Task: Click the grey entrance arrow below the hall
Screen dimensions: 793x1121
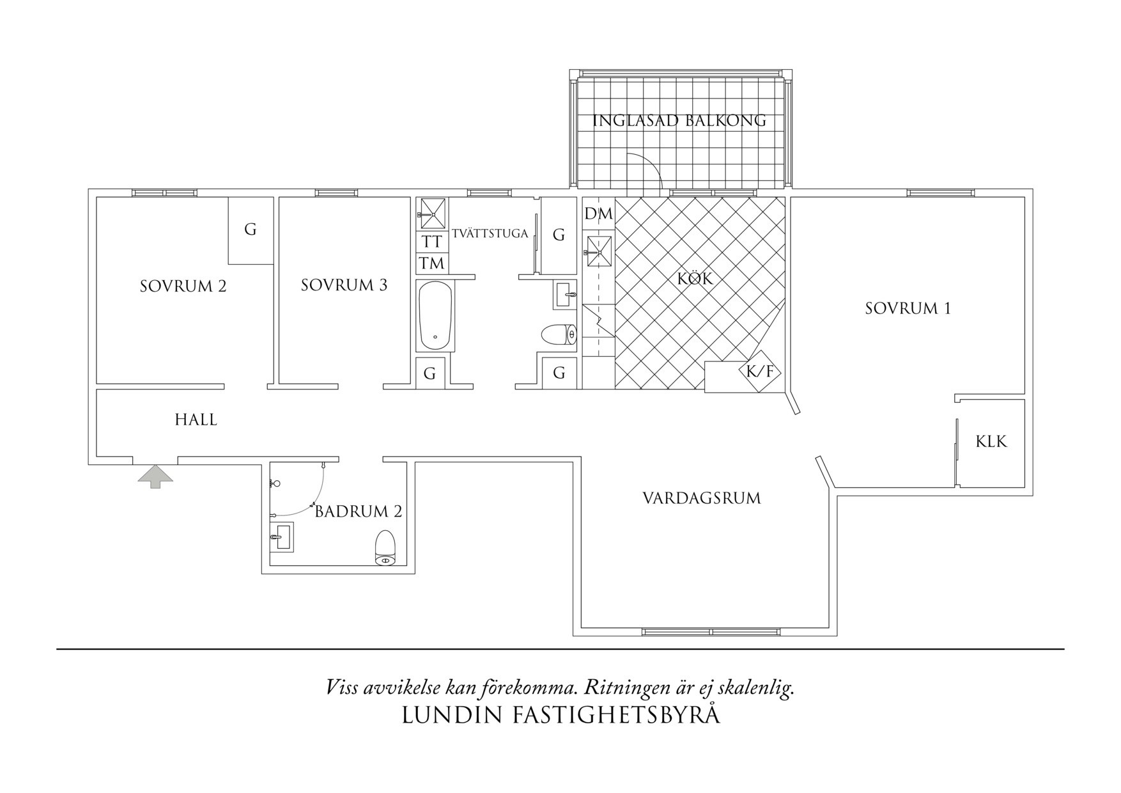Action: [155, 476]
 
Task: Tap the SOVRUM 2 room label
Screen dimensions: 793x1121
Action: [183, 286]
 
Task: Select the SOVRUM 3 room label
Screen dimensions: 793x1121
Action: [344, 285]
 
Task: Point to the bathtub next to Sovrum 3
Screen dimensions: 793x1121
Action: [435, 315]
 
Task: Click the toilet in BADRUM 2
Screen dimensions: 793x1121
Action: [385, 548]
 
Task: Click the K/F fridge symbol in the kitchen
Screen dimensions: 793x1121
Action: [760, 370]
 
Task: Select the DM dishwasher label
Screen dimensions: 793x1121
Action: [598, 214]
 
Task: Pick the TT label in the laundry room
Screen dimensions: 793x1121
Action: [432, 242]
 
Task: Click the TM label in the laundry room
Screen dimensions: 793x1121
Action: [432, 263]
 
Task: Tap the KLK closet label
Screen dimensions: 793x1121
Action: [991, 441]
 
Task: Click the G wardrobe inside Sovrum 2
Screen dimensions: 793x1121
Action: [251, 230]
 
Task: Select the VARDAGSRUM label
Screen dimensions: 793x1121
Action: [701, 498]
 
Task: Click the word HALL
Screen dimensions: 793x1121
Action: [196, 420]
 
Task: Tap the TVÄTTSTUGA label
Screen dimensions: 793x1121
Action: [490, 233]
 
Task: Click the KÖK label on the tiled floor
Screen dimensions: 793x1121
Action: [695, 279]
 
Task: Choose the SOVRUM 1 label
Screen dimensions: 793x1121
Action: [908, 308]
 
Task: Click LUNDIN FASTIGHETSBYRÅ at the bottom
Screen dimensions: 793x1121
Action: [560, 715]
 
